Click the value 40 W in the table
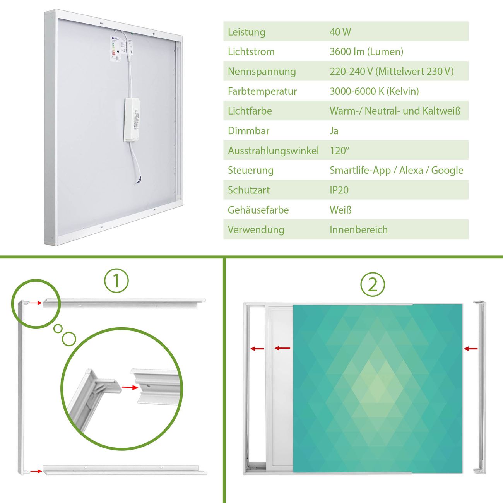pos(340,32)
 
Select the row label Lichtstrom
pos(251,52)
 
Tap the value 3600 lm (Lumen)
pos(366,52)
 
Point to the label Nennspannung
pos(262,72)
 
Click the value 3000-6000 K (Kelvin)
pos(374,91)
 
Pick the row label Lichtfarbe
pos(250,111)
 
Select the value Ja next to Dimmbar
pos(334,131)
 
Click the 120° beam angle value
pos(339,151)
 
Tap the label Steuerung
pos(251,171)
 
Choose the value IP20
pos(339,190)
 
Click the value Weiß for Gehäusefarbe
pos(340,210)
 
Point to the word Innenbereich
pos(359,230)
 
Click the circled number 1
pos(116,281)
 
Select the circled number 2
pos(373,284)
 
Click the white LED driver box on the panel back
pos(132,120)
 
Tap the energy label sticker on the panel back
pos(115,48)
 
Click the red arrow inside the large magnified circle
pos(130,388)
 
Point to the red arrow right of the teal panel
pos(471,349)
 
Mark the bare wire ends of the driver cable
pos(139,180)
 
